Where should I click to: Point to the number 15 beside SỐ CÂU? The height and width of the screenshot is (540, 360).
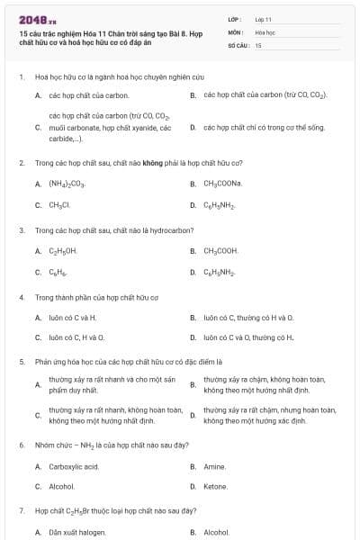258,44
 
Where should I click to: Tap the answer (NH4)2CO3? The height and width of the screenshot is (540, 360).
67,184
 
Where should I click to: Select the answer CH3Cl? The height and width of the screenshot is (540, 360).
59,204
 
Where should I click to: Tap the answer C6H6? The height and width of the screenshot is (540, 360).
58,272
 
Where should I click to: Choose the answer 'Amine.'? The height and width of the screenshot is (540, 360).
215,466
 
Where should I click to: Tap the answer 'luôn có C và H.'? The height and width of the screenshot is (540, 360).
73,318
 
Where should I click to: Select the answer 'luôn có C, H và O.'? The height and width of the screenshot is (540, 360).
76,337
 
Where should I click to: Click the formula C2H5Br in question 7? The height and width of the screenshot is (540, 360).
81,510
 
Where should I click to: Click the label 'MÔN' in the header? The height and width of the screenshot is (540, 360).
235,31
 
